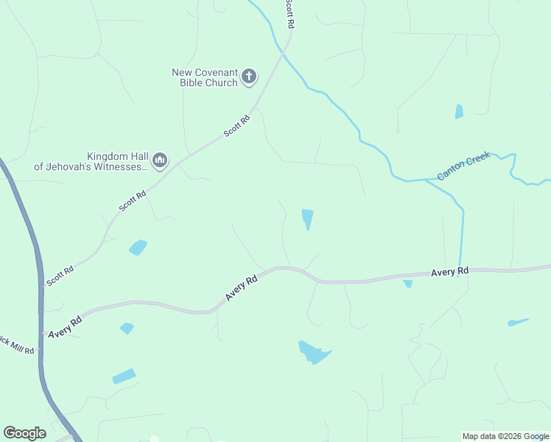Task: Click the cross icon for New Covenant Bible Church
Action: [x=250, y=76]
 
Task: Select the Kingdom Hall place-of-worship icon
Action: [x=160, y=160]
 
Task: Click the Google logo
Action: [x=24, y=432]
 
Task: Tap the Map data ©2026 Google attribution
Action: [x=505, y=436]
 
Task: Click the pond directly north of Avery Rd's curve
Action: [x=307, y=218]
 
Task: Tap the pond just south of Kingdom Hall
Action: [x=138, y=248]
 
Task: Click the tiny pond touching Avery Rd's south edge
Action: [x=407, y=283]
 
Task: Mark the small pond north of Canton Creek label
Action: [x=460, y=111]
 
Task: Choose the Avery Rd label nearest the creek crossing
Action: [x=449, y=273]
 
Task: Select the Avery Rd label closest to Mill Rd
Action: [x=66, y=327]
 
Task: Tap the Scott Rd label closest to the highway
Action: [x=60, y=276]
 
